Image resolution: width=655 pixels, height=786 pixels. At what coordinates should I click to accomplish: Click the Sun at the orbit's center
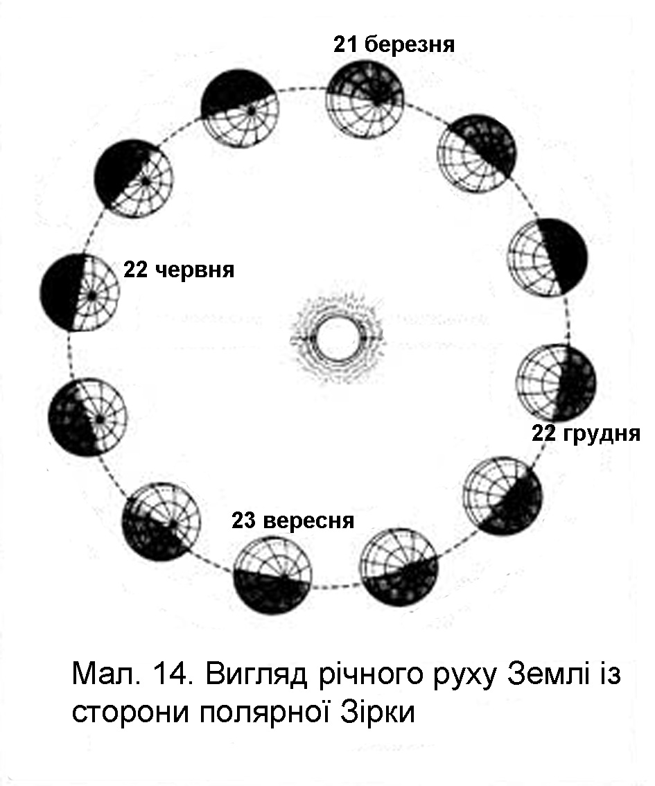tap(337, 338)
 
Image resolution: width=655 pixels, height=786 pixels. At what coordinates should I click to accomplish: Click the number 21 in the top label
tap(345, 46)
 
